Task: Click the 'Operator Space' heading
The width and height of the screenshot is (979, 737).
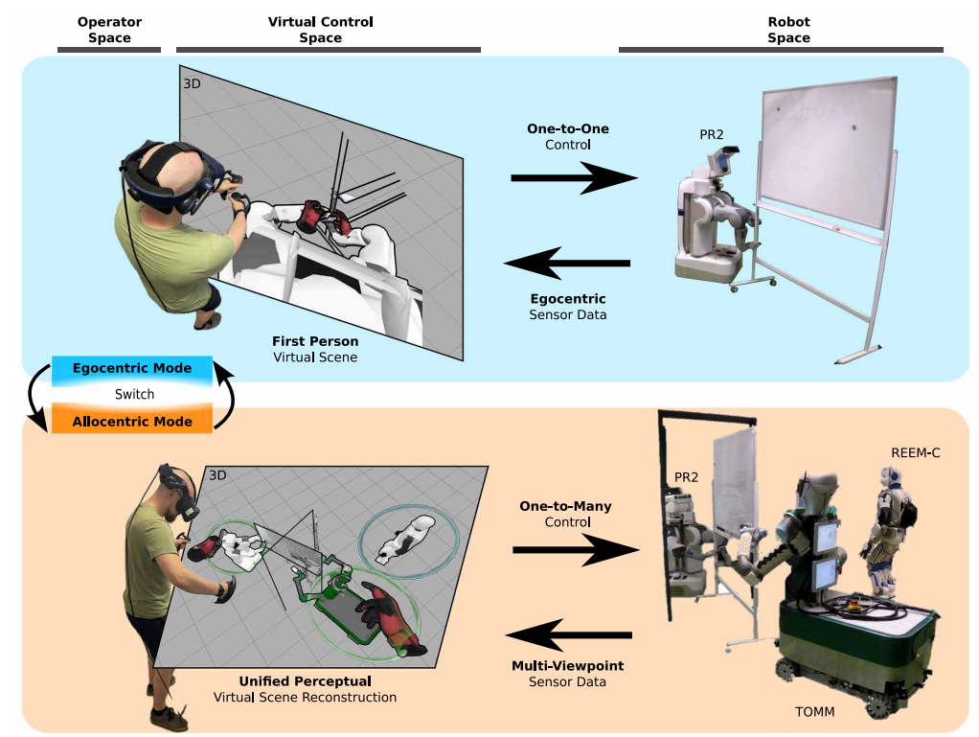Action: point(109,30)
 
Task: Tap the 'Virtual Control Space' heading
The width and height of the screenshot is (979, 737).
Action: point(320,30)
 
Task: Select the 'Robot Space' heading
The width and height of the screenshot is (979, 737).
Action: point(788,30)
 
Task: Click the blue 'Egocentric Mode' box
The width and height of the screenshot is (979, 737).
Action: point(132,368)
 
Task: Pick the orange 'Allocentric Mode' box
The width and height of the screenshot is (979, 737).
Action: point(132,421)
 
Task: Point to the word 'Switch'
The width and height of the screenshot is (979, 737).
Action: point(134,394)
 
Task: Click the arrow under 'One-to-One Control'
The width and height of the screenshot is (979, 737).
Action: point(574,178)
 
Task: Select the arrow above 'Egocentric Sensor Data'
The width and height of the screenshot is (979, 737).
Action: point(567,263)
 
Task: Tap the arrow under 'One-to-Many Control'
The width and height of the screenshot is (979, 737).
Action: point(576,549)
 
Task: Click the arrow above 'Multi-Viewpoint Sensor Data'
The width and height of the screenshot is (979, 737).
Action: point(568,635)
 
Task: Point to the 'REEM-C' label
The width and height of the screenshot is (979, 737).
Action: point(916,452)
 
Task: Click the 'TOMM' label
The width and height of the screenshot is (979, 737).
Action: point(815,711)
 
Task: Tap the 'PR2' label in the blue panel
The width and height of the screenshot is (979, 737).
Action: point(711,134)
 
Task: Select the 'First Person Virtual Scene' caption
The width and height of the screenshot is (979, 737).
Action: point(315,349)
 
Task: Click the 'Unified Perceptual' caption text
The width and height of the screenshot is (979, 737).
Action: point(306,680)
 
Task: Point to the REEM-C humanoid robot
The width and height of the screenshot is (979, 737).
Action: point(888,531)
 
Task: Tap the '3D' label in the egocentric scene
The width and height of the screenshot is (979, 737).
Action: point(192,83)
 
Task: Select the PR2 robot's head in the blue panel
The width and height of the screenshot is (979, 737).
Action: point(724,160)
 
